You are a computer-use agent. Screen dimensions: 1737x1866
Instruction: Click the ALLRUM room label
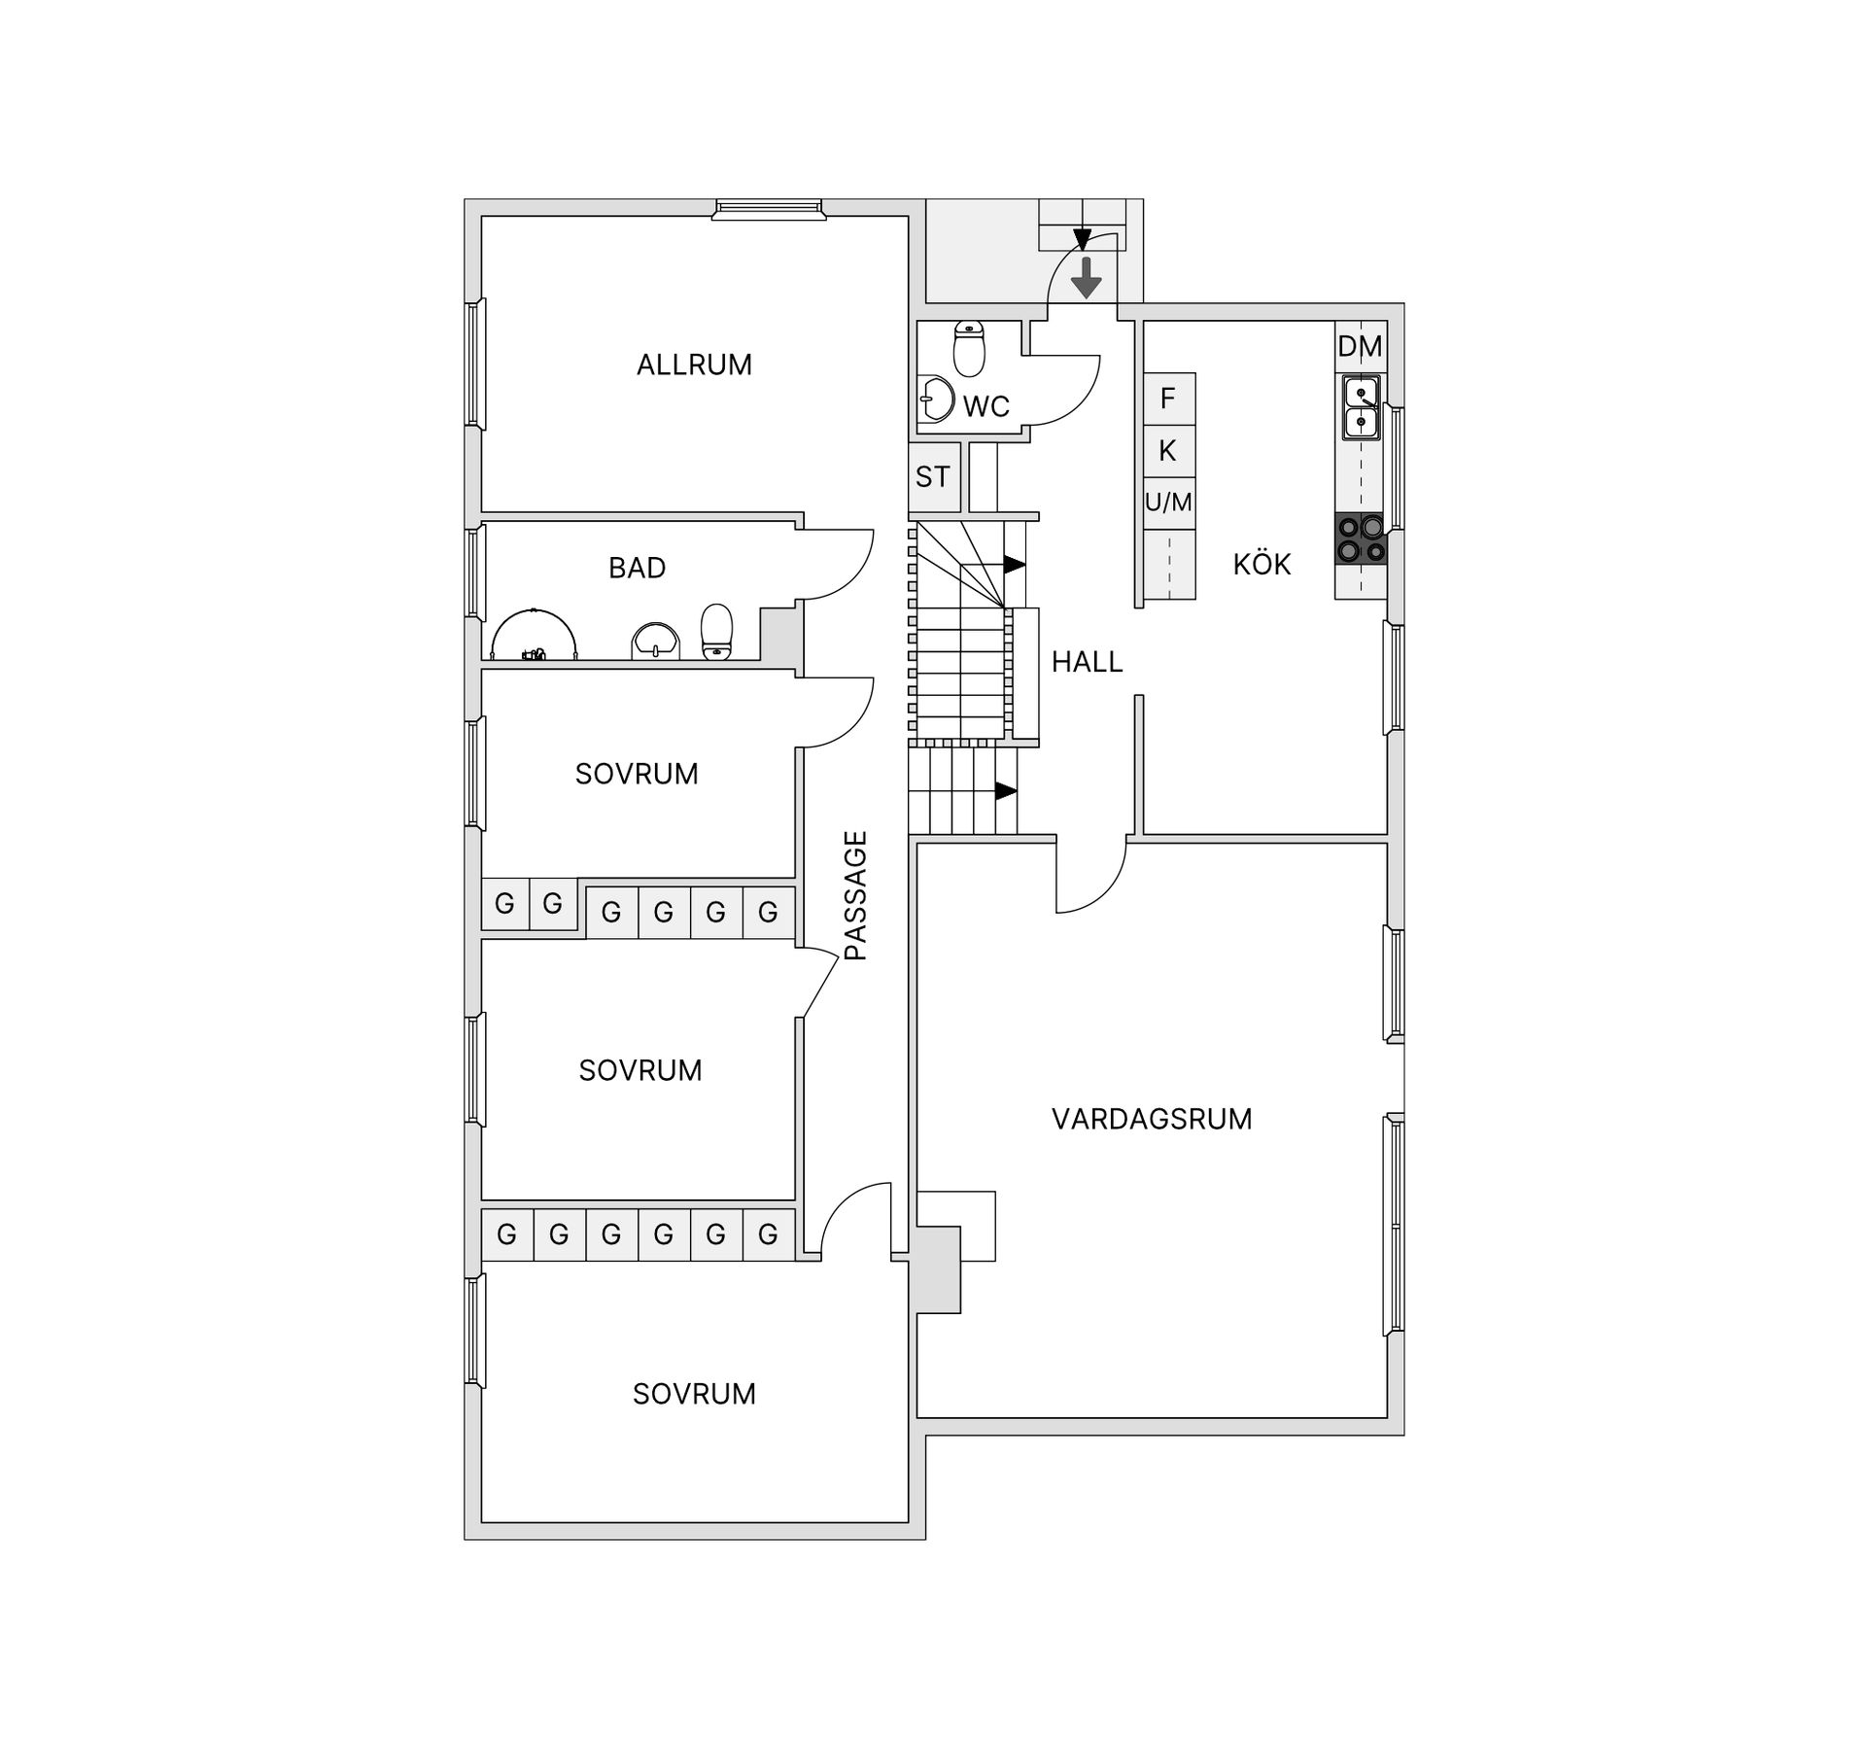click(x=694, y=365)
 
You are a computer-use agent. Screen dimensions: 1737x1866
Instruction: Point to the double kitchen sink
click(x=1361, y=408)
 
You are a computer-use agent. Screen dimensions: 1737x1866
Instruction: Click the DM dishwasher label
click(x=1360, y=346)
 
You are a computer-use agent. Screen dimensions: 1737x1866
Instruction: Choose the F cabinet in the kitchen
click(x=1168, y=398)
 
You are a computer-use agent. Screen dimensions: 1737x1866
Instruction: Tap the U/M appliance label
click(x=1168, y=503)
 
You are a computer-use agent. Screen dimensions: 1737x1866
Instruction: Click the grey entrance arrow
click(x=1086, y=279)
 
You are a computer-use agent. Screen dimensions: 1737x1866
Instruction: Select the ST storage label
click(x=932, y=477)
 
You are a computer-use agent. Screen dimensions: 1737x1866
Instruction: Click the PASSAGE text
click(x=855, y=895)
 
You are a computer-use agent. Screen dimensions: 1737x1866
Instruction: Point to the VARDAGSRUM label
click(x=1152, y=1119)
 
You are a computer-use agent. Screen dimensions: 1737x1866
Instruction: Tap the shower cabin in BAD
click(x=534, y=637)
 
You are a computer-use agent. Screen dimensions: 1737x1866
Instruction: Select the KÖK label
click(x=1261, y=565)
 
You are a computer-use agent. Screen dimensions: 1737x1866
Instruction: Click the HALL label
click(x=1087, y=662)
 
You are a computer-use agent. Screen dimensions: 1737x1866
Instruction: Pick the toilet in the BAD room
click(x=716, y=633)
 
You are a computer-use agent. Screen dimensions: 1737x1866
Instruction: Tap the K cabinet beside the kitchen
click(x=1168, y=451)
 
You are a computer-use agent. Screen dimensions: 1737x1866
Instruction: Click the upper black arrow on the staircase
click(x=1014, y=565)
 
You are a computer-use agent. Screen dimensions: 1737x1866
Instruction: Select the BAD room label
click(x=637, y=568)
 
